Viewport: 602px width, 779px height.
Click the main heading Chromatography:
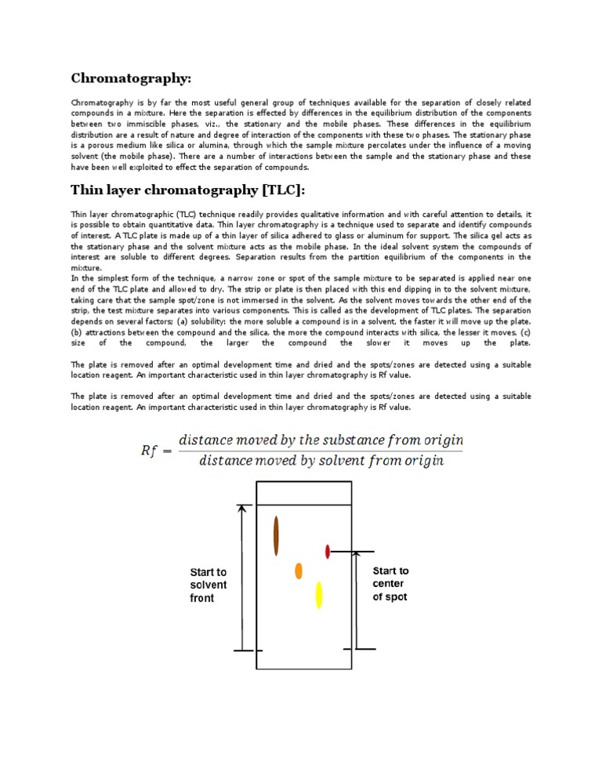(x=131, y=78)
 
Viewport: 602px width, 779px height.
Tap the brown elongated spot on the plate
(x=276, y=536)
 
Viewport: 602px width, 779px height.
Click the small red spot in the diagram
(x=328, y=552)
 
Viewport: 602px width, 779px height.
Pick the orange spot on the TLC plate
(x=299, y=571)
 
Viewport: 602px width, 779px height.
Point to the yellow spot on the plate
(x=319, y=595)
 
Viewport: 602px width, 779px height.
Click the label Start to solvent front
(x=209, y=585)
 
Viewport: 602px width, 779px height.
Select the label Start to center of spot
(x=390, y=584)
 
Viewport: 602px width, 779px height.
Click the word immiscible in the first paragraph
(x=142, y=124)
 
